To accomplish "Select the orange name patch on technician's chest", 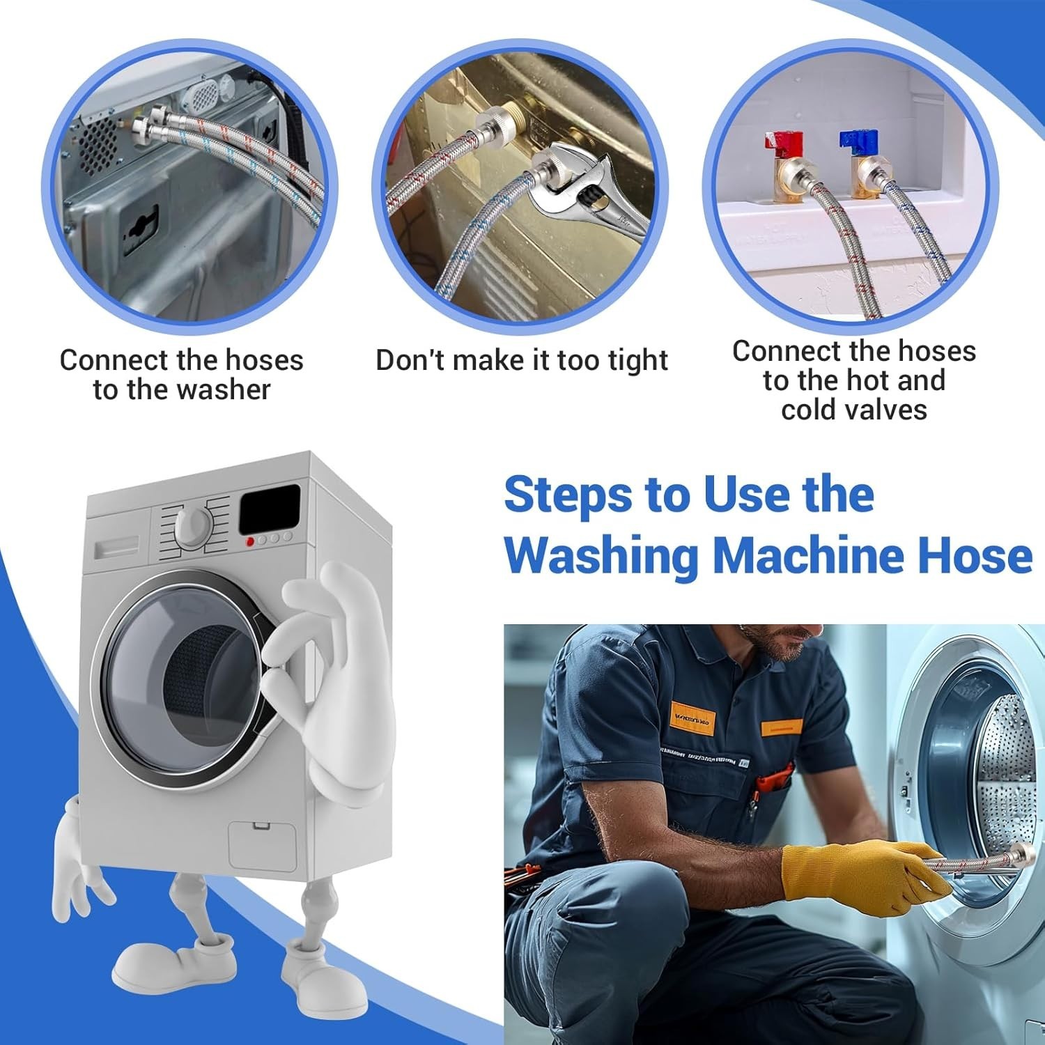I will (x=692, y=715).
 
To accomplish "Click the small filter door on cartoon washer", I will (x=262, y=844).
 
